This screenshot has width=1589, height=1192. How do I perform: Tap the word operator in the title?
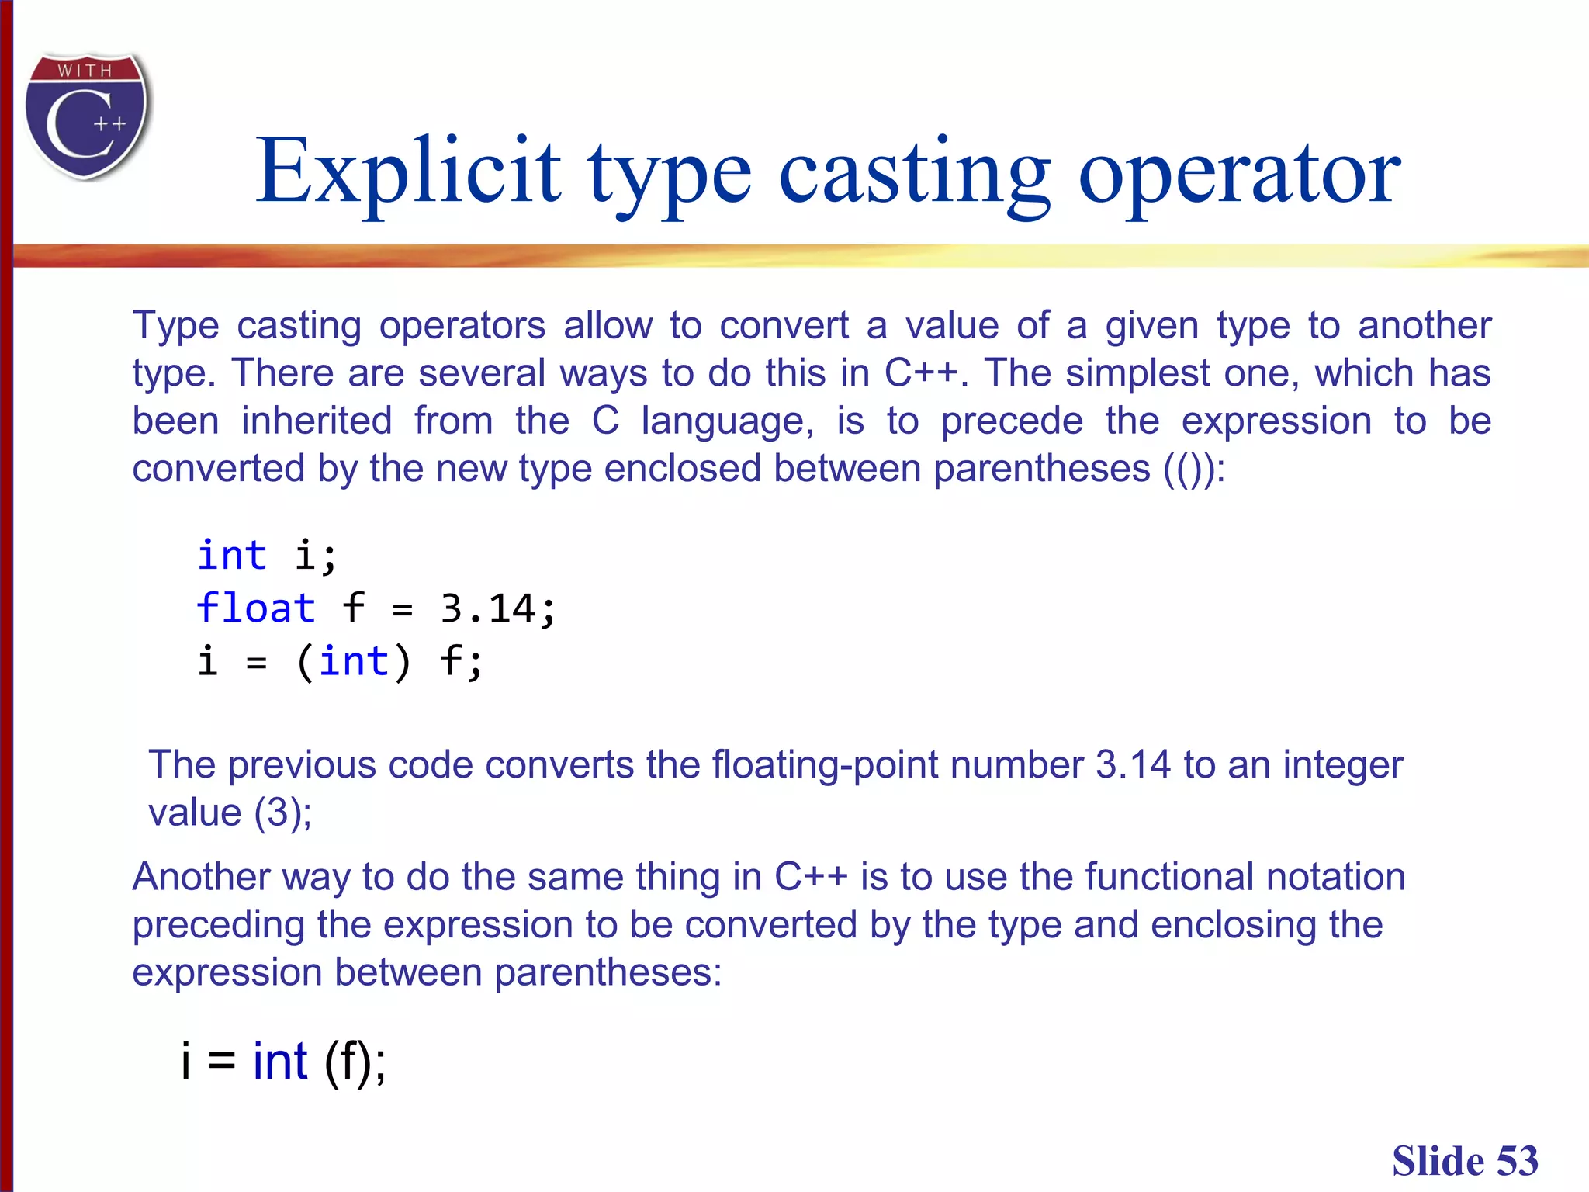(1239, 172)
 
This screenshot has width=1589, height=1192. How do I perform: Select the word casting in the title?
(913, 172)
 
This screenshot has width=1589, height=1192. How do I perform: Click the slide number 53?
(1517, 1161)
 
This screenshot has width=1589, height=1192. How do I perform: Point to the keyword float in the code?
(256, 608)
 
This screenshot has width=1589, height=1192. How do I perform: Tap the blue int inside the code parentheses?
(354, 661)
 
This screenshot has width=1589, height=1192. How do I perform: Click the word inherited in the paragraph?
(317, 421)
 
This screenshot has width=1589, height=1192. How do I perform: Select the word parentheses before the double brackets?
(1041, 470)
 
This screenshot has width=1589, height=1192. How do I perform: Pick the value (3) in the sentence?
(282, 813)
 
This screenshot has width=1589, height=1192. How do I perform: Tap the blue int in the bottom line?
(280, 1061)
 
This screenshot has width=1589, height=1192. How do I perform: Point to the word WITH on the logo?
(85, 71)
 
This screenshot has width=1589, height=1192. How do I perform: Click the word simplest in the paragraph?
(1137, 373)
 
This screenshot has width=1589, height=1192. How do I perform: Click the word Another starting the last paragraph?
(201, 878)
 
